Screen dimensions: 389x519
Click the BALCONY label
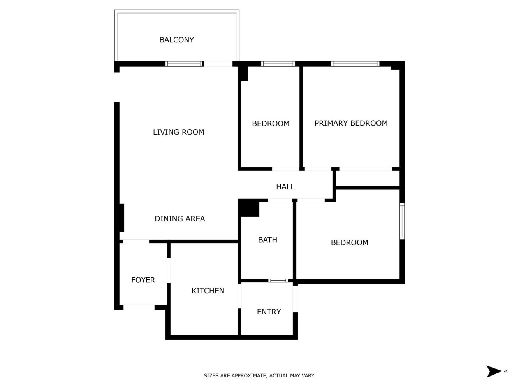[176, 40]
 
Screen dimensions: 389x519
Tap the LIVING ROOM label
[178, 132]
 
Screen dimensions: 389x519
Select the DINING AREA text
[179, 219]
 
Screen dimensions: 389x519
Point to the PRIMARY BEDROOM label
[351, 123]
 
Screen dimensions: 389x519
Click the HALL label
[285, 187]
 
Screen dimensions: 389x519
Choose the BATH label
[267, 240]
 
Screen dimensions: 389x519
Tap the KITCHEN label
[208, 291]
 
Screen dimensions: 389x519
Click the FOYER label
[143, 280]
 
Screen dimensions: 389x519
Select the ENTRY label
[269, 312]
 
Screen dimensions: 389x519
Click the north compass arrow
[494, 371]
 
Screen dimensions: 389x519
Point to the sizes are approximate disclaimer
[259, 376]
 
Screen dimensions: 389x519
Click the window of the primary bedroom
[355, 64]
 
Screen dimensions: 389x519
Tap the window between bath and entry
[278, 280]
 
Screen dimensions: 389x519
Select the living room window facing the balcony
[184, 64]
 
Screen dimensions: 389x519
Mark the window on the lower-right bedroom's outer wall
[402, 221]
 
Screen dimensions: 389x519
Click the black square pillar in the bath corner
[249, 208]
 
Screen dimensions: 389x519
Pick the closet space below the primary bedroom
[368, 179]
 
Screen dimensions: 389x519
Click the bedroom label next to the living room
[271, 124]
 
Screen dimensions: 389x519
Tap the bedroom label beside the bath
[349, 243]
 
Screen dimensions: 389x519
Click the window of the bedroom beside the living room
[278, 64]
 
